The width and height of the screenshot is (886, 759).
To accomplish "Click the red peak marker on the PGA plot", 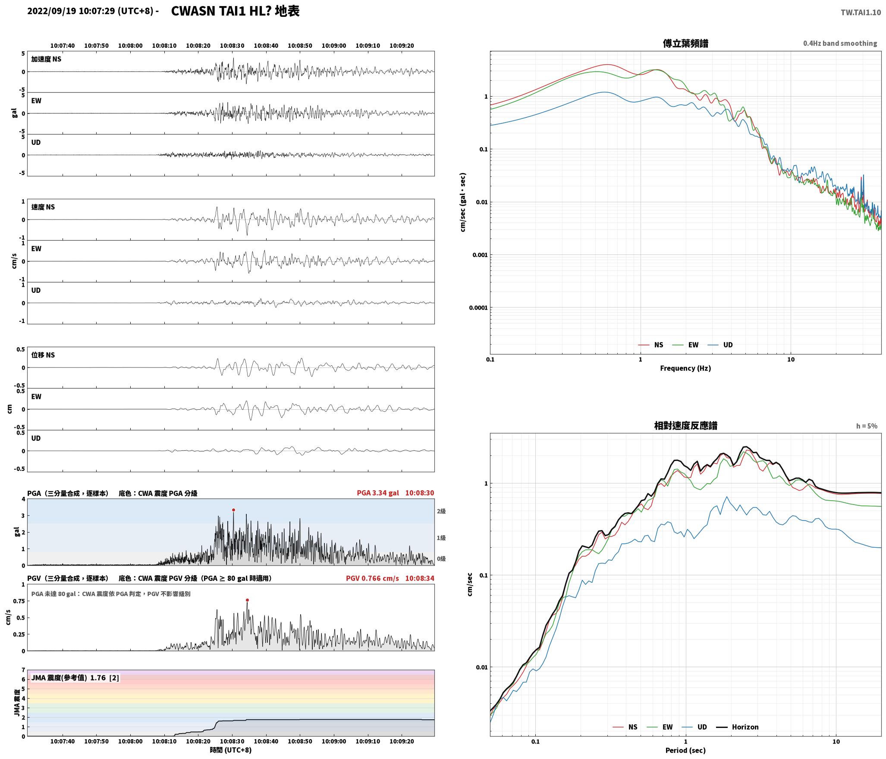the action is coord(233,510).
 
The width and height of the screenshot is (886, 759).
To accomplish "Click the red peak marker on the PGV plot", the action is coord(247,600).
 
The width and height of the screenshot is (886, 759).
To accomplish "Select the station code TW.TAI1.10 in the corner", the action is coord(861,13).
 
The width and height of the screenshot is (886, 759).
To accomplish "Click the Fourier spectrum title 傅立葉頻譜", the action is coord(685,43).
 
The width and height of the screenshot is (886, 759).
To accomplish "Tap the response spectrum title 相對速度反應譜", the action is coord(685,426).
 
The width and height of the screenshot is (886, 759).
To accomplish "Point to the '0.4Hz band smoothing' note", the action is coord(840,44).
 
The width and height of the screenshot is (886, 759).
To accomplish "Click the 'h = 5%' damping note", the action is coord(867,426).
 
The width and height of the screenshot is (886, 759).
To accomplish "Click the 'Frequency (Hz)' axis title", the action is coord(685,368).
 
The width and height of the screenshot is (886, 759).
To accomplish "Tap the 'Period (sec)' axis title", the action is coord(685,750).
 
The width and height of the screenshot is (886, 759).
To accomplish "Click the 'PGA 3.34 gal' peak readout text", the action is coord(378,493).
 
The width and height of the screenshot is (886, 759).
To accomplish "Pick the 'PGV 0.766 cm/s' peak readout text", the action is coord(372,578).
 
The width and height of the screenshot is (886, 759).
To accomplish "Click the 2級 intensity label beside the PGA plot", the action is coord(441,511).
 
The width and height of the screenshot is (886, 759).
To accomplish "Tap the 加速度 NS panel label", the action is coord(46,59).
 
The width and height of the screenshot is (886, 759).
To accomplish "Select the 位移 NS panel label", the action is coord(43,355).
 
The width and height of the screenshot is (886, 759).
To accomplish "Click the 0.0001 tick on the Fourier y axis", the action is coord(478,307).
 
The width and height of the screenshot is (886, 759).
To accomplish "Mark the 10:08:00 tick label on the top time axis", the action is coord(130,46).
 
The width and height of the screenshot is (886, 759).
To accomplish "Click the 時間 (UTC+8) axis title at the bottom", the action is coord(231,750).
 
